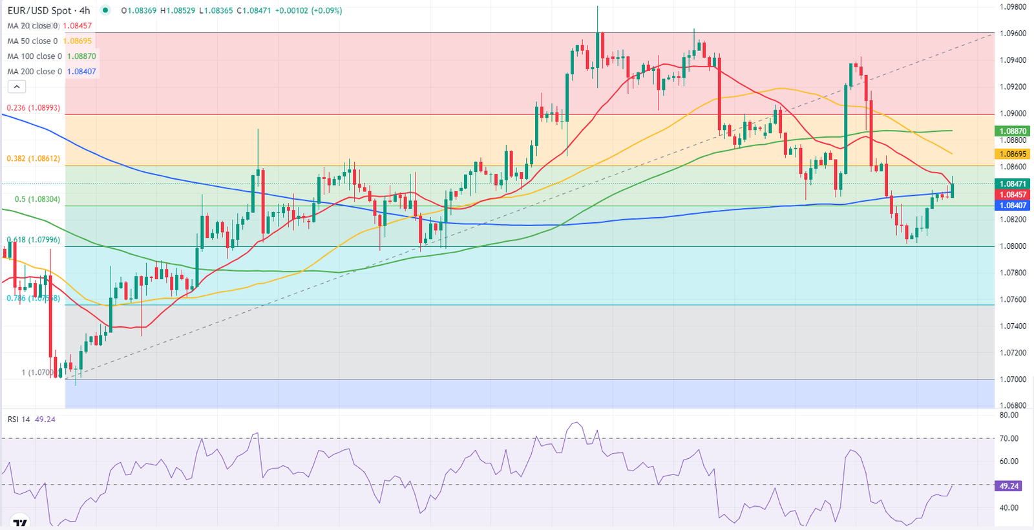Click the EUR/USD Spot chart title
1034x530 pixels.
tap(48, 10)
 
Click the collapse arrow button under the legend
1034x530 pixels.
tap(16, 87)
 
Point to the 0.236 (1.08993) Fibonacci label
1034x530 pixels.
tap(34, 108)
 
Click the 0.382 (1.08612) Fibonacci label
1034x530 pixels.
tap(34, 158)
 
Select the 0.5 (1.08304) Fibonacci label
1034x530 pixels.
tap(37, 199)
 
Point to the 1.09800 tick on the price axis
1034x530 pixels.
tap(1013, 6)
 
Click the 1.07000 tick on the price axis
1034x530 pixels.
tap(1013, 379)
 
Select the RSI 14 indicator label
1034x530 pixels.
tap(19, 419)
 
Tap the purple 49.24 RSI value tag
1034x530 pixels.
tap(1009, 486)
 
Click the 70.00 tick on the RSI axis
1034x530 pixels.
tap(1009, 438)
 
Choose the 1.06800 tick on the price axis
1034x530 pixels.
tap(1013, 406)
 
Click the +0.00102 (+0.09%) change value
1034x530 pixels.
tap(308, 10)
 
